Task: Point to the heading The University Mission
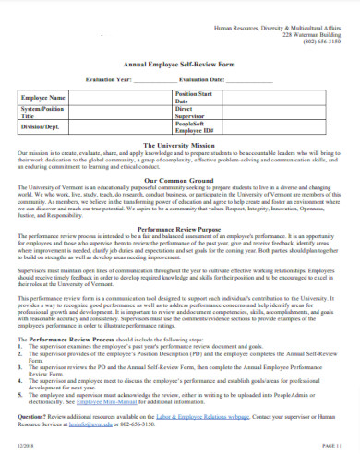click(179, 144)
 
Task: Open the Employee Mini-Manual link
click(107, 402)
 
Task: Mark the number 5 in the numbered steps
click(21, 395)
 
